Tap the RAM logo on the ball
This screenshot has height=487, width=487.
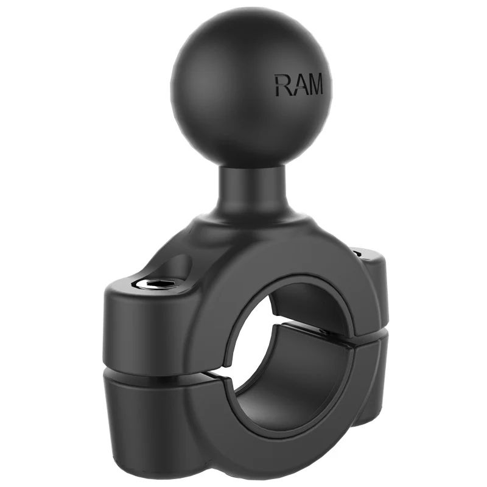pos(298,85)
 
